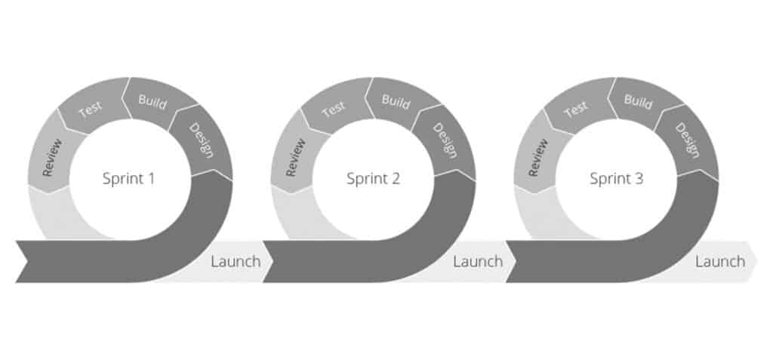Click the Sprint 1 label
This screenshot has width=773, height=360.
pos(128,179)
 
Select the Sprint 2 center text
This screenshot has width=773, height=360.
pos(373,179)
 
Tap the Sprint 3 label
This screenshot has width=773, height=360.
pos(616,179)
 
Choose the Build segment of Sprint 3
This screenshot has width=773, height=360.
pos(639,102)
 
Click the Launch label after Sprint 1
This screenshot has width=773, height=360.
pos(236,261)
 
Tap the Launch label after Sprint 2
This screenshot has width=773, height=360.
pos(478,261)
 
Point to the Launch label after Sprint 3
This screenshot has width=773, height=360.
pos(720,261)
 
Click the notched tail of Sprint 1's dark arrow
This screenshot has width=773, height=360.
pos(26,261)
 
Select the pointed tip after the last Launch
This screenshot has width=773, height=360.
pos(758,261)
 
